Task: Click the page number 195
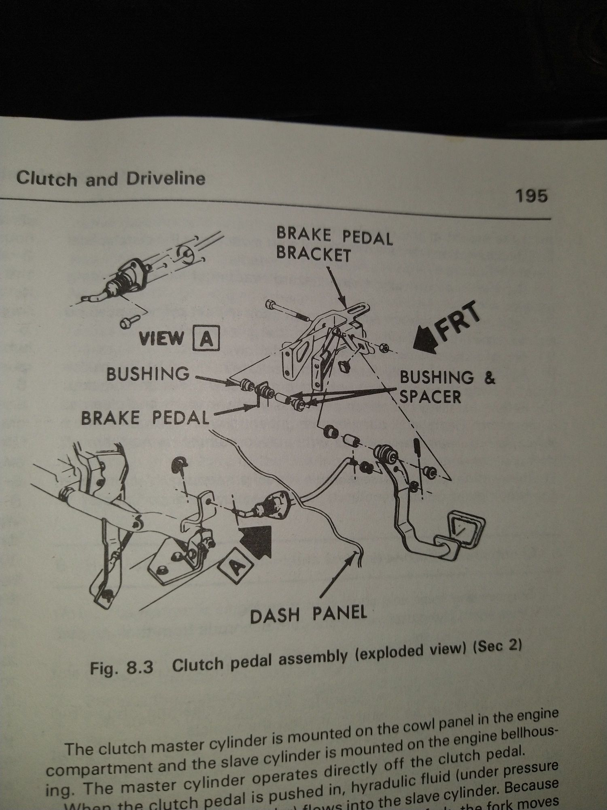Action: (531, 196)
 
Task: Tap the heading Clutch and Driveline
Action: (110, 179)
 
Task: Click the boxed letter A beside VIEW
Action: (206, 338)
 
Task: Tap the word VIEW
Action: (161, 338)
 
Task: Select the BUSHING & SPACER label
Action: (446, 386)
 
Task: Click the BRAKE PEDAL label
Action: (144, 417)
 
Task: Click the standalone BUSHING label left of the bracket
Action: (148, 373)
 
